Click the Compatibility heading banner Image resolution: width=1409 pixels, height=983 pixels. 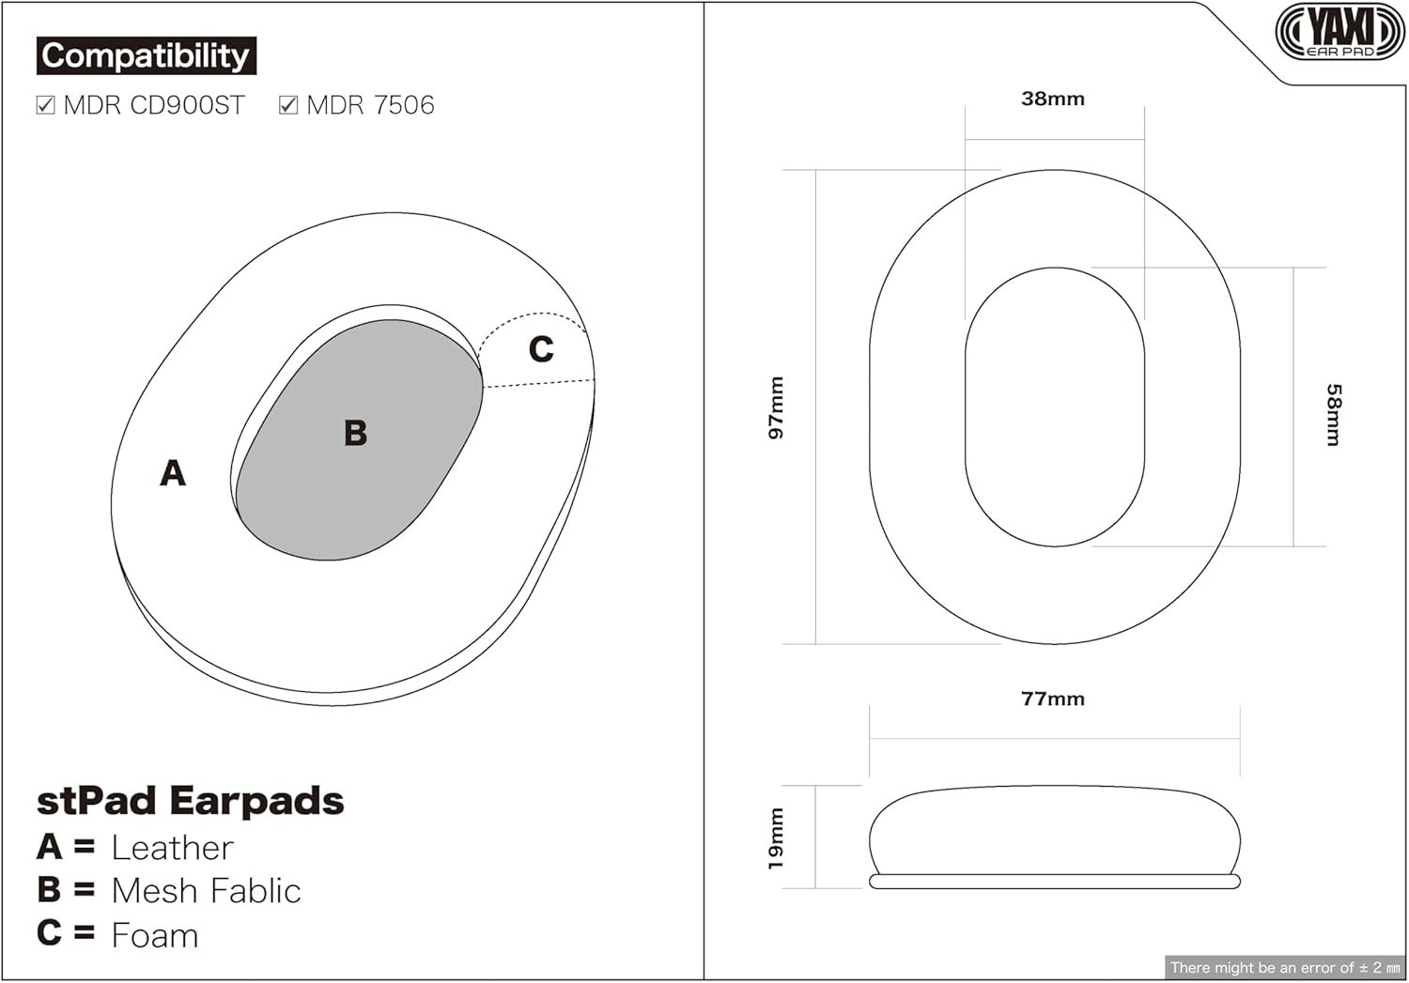click(146, 56)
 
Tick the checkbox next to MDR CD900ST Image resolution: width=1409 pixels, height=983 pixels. click(45, 105)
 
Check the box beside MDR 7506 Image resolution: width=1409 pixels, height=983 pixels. click(288, 105)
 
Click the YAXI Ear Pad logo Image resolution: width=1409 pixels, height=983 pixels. click(1340, 31)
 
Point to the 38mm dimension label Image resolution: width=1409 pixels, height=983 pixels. click(1053, 99)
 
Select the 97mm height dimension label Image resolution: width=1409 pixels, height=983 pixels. click(776, 407)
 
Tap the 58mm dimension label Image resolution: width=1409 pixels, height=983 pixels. click(1333, 415)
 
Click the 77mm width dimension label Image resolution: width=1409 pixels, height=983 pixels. click(1053, 699)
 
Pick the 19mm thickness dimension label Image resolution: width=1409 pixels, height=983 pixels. click(776, 838)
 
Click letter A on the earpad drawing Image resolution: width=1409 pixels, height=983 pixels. click(173, 472)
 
